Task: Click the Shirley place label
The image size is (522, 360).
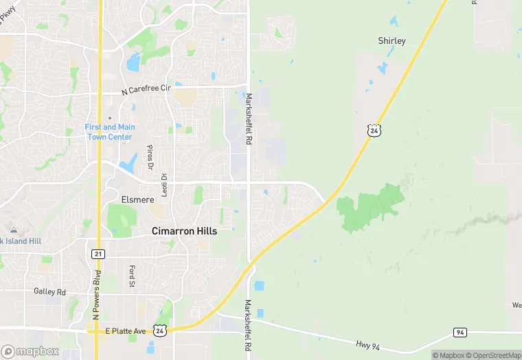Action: point(391,41)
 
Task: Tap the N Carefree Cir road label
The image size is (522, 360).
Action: point(146,90)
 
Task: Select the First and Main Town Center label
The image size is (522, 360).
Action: point(109,132)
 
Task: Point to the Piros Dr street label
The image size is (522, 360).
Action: point(149,157)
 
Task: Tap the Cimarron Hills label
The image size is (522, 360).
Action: point(184,232)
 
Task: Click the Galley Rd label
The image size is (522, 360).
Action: point(49,292)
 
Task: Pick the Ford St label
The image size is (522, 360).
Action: point(130,275)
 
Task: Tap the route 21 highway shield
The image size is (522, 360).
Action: point(98,254)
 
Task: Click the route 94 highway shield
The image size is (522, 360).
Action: point(460,332)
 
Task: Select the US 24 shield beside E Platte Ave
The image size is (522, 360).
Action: point(159,330)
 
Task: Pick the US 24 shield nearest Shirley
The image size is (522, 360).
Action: point(373,129)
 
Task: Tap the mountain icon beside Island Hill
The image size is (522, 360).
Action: point(13,230)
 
